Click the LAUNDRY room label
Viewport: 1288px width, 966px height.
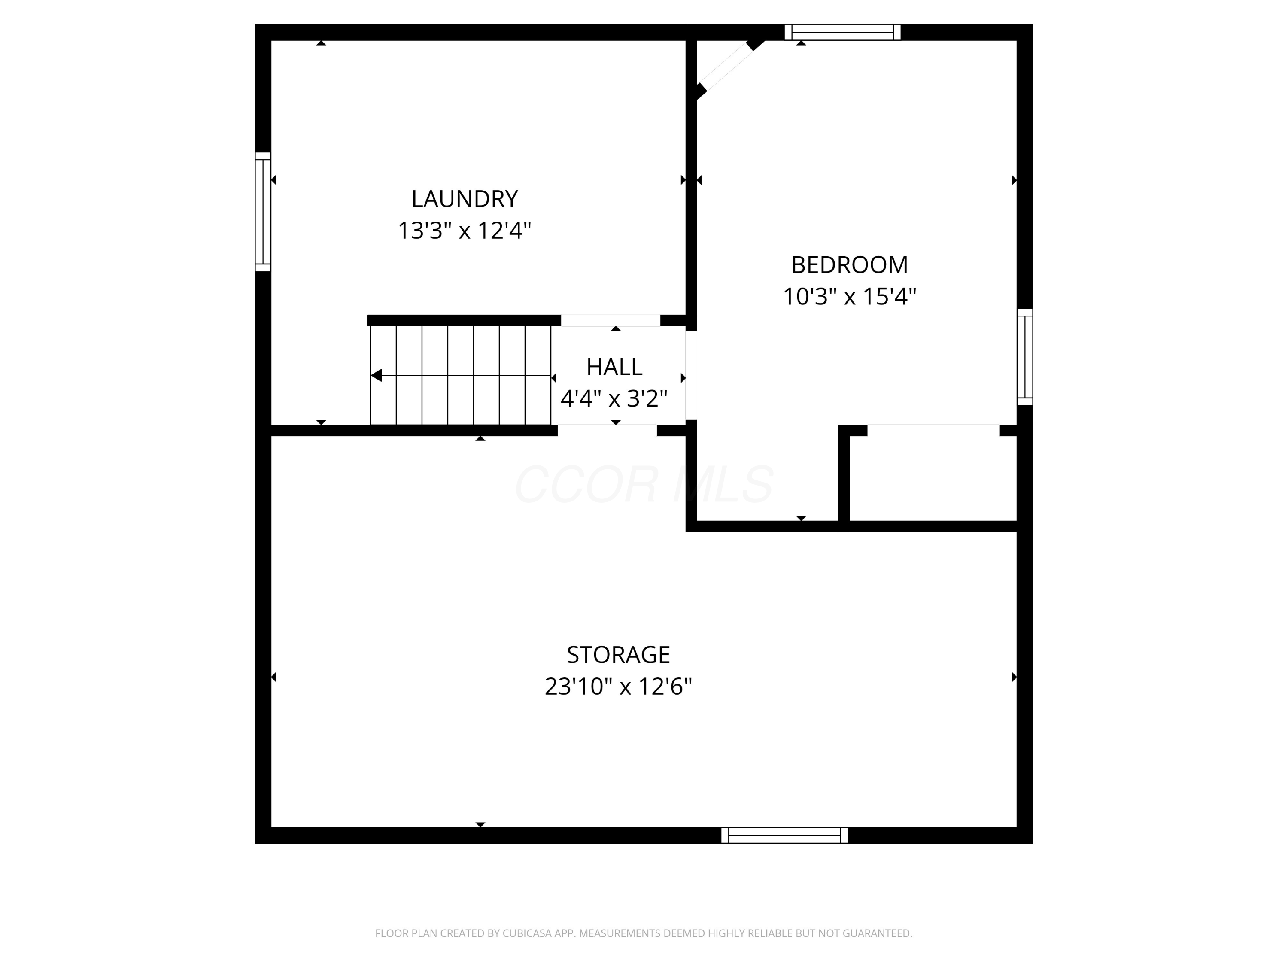(x=464, y=199)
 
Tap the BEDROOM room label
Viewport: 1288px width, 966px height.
(x=849, y=265)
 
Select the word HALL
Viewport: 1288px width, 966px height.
(x=614, y=367)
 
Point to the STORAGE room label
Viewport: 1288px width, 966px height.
(x=618, y=655)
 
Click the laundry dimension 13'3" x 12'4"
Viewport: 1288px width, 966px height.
(x=464, y=231)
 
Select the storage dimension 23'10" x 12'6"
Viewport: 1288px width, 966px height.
(x=618, y=687)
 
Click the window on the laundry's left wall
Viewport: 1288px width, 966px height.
(x=263, y=212)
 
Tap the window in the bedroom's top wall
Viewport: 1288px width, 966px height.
(x=842, y=33)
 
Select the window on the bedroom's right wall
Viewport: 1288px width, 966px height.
(x=1024, y=357)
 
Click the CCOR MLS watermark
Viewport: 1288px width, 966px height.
(x=644, y=484)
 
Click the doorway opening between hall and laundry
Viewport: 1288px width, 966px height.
(x=610, y=320)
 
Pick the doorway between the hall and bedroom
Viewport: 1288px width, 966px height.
(x=691, y=376)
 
